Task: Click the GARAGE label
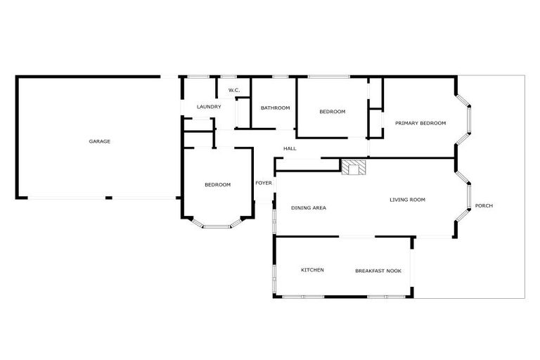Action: pyautogui.click(x=99, y=141)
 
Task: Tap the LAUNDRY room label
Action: pyautogui.click(x=209, y=107)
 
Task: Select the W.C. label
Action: pyautogui.click(x=234, y=90)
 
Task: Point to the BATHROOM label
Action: pyautogui.click(x=275, y=108)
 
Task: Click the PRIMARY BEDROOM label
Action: pyautogui.click(x=420, y=123)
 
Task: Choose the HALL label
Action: pyautogui.click(x=290, y=149)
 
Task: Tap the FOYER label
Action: pyautogui.click(x=264, y=183)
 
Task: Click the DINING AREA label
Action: pyautogui.click(x=309, y=207)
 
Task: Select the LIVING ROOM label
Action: pyautogui.click(x=408, y=200)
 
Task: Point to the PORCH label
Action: pyautogui.click(x=484, y=205)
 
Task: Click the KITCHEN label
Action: pyautogui.click(x=312, y=270)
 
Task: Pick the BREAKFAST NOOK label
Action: pyautogui.click(x=378, y=270)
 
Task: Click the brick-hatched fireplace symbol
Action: pyautogui.click(x=354, y=167)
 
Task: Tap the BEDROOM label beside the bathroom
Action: pyautogui.click(x=332, y=111)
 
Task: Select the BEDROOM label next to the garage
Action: pyautogui.click(x=217, y=184)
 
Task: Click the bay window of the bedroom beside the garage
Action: pyautogui.click(x=217, y=226)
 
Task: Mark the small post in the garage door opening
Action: pyautogui.click(x=108, y=198)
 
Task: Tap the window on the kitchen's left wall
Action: pyautogui.click(x=274, y=270)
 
